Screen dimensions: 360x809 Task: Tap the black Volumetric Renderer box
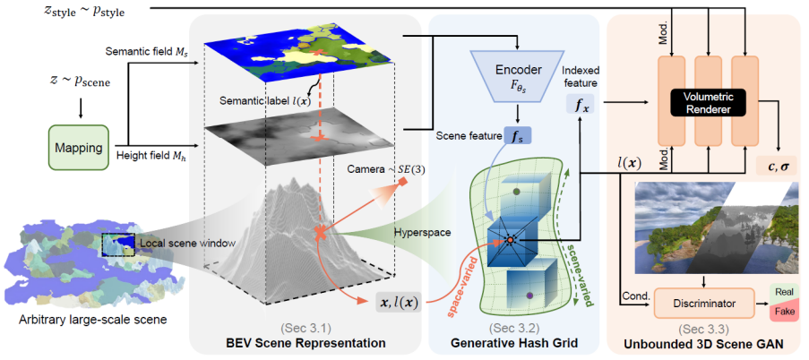[707, 104]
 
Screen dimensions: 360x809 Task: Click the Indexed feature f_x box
[581, 105]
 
